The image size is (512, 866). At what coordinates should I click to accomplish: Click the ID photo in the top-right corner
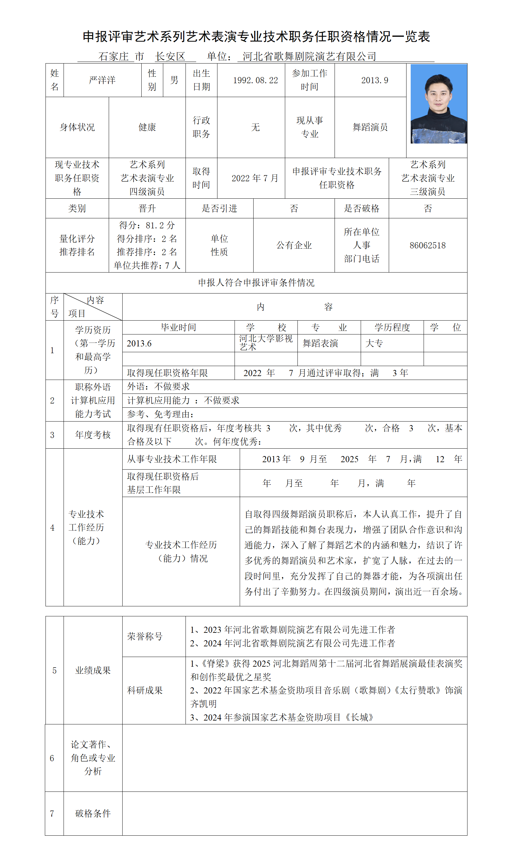coord(438,104)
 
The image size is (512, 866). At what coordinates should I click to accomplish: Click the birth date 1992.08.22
coord(255,80)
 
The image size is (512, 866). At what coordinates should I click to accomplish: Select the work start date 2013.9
coord(374,80)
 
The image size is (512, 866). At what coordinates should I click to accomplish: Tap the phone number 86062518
coord(427,245)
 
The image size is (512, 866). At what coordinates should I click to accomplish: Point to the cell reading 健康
coord(147,127)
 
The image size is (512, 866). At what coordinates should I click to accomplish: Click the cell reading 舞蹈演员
coord(370,127)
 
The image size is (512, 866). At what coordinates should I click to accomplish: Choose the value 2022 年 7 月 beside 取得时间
coord(255,178)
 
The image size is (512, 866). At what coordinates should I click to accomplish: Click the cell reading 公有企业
coord(294,245)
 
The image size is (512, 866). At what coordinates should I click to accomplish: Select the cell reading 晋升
coord(147,208)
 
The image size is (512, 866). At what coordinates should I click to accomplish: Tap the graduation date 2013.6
coord(139,343)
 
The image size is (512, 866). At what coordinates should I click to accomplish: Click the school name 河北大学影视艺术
coord(266,343)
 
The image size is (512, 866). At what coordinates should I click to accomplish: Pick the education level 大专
coord(374,343)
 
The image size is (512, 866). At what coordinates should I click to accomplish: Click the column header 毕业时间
coord(178,327)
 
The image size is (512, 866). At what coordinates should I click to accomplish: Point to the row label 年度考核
coord(93,434)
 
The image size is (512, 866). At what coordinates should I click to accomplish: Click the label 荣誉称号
coord(145,636)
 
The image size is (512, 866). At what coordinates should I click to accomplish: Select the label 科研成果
coord(145,691)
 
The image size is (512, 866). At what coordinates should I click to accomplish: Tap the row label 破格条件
coord(93,813)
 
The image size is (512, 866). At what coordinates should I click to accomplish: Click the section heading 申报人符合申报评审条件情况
coord(256,283)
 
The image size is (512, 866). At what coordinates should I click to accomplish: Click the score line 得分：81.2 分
coord(147,225)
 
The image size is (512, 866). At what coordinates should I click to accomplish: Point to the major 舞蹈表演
coord(320,343)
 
